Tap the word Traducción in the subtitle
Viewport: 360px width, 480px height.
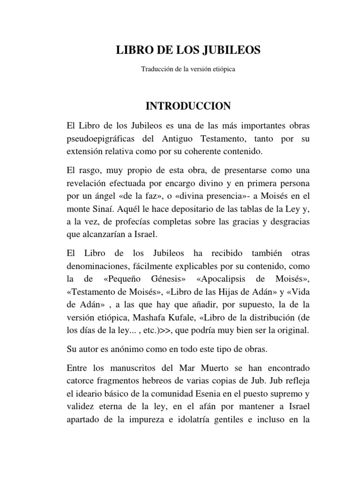click(157, 69)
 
